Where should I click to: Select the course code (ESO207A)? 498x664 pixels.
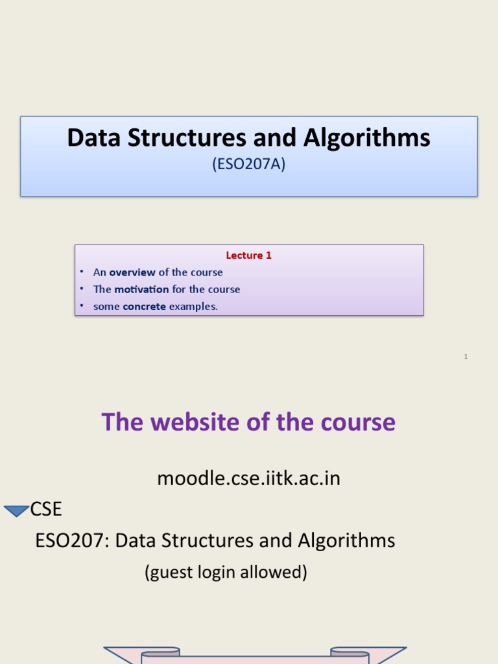(249, 165)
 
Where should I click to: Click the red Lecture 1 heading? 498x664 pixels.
(248, 255)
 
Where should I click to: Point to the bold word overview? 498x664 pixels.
(132, 272)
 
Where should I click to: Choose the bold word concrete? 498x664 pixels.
(144, 306)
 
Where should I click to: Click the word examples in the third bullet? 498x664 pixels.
(193, 306)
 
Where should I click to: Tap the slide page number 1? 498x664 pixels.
(466, 357)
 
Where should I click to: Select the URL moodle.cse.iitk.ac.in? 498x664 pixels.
(248, 479)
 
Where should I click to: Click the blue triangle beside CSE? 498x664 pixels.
(16, 511)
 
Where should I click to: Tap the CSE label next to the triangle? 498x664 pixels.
(46, 510)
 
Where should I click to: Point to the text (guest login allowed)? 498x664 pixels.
(226, 572)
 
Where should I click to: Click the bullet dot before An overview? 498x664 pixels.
(82, 272)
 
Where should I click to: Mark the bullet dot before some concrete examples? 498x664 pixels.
(82, 306)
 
